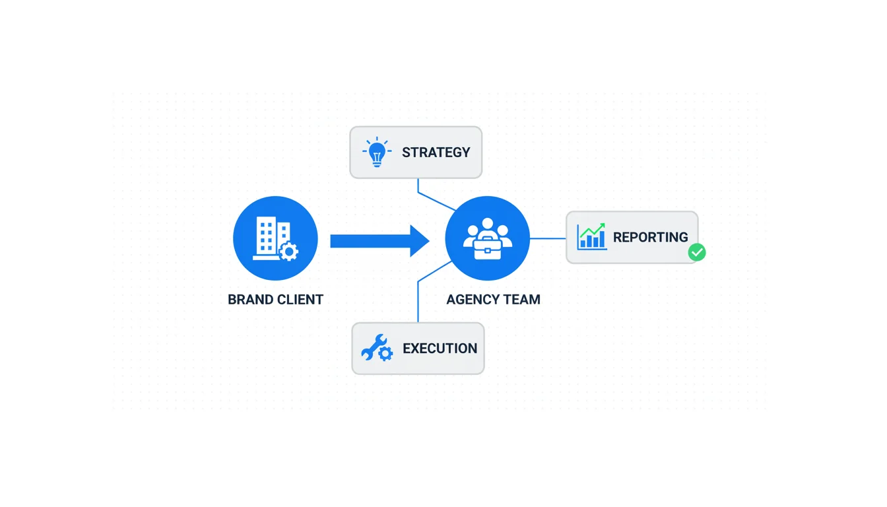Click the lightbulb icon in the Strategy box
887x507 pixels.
(376, 152)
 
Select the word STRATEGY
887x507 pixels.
(436, 152)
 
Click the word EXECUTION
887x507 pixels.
(440, 349)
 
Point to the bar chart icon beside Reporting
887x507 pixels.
(591, 237)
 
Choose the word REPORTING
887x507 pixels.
(650, 238)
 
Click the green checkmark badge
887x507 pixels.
(697, 252)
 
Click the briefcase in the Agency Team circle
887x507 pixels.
(488, 247)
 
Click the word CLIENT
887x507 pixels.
(300, 300)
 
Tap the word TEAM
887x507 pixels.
(522, 300)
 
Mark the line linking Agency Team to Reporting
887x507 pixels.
(548, 238)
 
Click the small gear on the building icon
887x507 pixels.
(288, 252)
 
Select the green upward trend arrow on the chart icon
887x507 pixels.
(593, 230)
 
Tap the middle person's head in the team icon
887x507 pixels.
(488, 224)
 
